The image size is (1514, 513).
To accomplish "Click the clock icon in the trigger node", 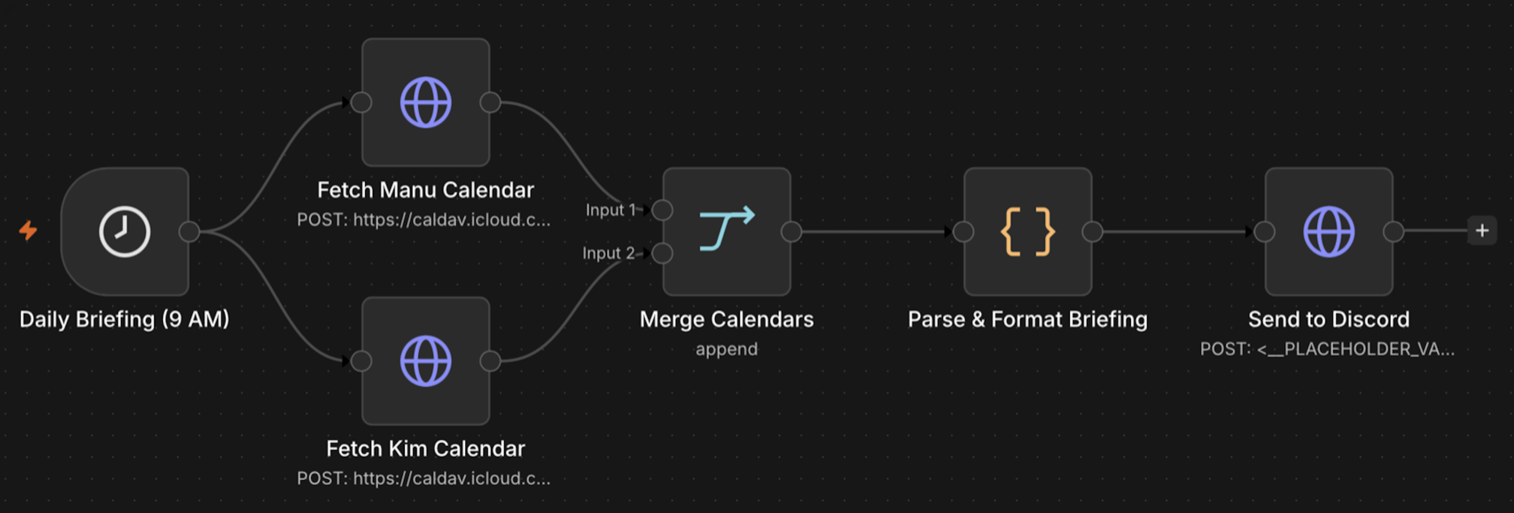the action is [125, 231].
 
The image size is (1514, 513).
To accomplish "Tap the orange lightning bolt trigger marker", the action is [28, 230].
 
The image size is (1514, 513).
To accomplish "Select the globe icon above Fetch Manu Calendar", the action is [426, 103].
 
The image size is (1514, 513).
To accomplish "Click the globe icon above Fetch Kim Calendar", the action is [426, 361].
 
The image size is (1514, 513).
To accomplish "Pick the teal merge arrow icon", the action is [727, 228].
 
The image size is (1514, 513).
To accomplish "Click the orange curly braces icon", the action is [1028, 231].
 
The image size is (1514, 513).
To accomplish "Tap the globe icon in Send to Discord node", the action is [1329, 231].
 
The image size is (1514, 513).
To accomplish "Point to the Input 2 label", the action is [608, 253].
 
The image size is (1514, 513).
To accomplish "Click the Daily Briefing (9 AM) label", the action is [125, 319].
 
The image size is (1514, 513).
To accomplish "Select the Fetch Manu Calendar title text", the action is [426, 189].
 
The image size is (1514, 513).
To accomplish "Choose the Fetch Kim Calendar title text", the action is [426, 448].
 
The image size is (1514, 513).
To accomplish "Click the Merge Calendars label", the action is [727, 319].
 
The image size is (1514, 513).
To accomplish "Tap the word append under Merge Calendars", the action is [727, 349].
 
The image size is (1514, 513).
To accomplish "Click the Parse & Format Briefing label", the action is [1028, 319].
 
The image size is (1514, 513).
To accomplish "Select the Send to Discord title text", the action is [1329, 319].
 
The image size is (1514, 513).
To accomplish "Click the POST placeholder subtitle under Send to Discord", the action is [1328, 349].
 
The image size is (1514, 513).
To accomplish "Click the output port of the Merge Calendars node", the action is [792, 231].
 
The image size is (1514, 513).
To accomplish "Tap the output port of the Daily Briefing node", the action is [189, 231].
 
